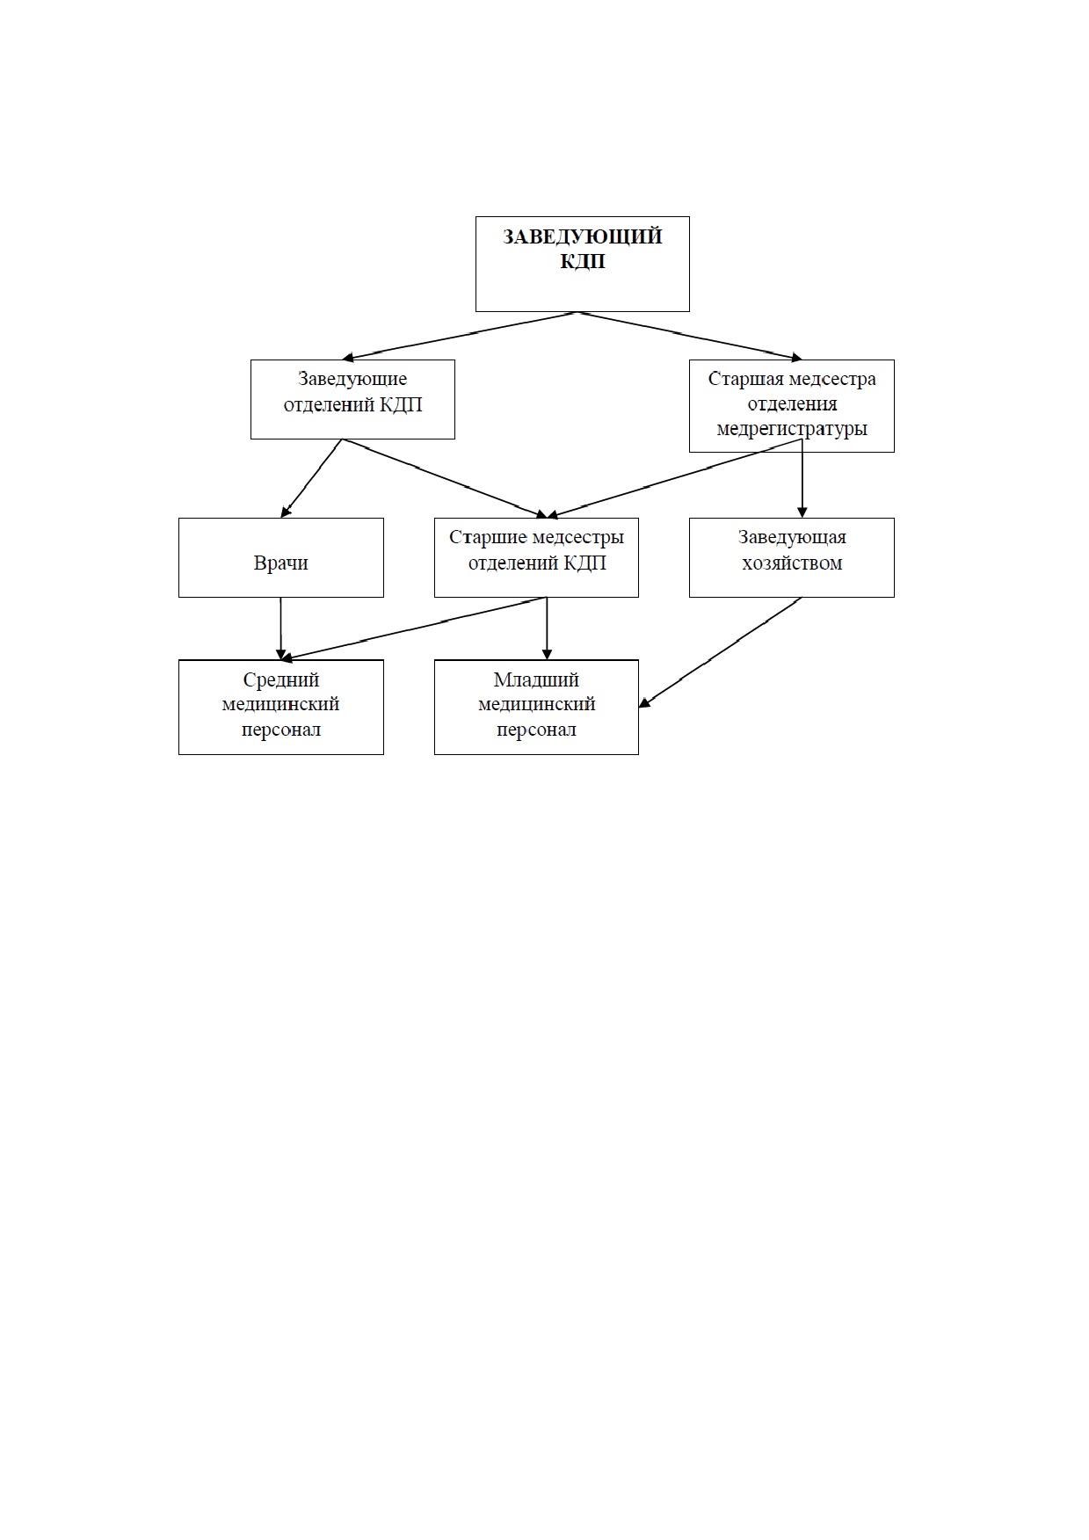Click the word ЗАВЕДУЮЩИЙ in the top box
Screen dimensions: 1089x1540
pyautogui.click(x=582, y=237)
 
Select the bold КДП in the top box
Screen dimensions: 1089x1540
pyautogui.click(x=582, y=262)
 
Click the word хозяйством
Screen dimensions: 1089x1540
pyautogui.click(x=792, y=563)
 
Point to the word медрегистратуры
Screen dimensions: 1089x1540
pyautogui.click(x=792, y=429)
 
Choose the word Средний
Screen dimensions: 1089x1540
pyautogui.click(x=281, y=679)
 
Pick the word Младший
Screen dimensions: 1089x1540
pyautogui.click(x=536, y=679)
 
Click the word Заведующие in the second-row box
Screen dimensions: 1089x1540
pyautogui.click(x=352, y=379)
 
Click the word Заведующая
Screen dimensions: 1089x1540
pyautogui.click(x=792, y=537)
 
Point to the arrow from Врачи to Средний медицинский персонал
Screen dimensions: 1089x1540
pyautogui.click(x=281, y=628)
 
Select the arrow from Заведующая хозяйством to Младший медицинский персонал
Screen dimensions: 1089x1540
pyautogui.click(x=721, y=651)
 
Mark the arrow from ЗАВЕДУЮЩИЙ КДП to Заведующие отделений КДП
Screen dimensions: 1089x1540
pyautogui.click(x=459, y=335)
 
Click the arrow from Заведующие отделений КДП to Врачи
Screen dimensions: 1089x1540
pyautogui.click(x=311, y=478)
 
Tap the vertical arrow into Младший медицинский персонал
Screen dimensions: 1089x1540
pyautogui.click(x=547, y=628)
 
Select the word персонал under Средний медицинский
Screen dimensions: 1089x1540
pyautogui.click(x=281, y=730)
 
